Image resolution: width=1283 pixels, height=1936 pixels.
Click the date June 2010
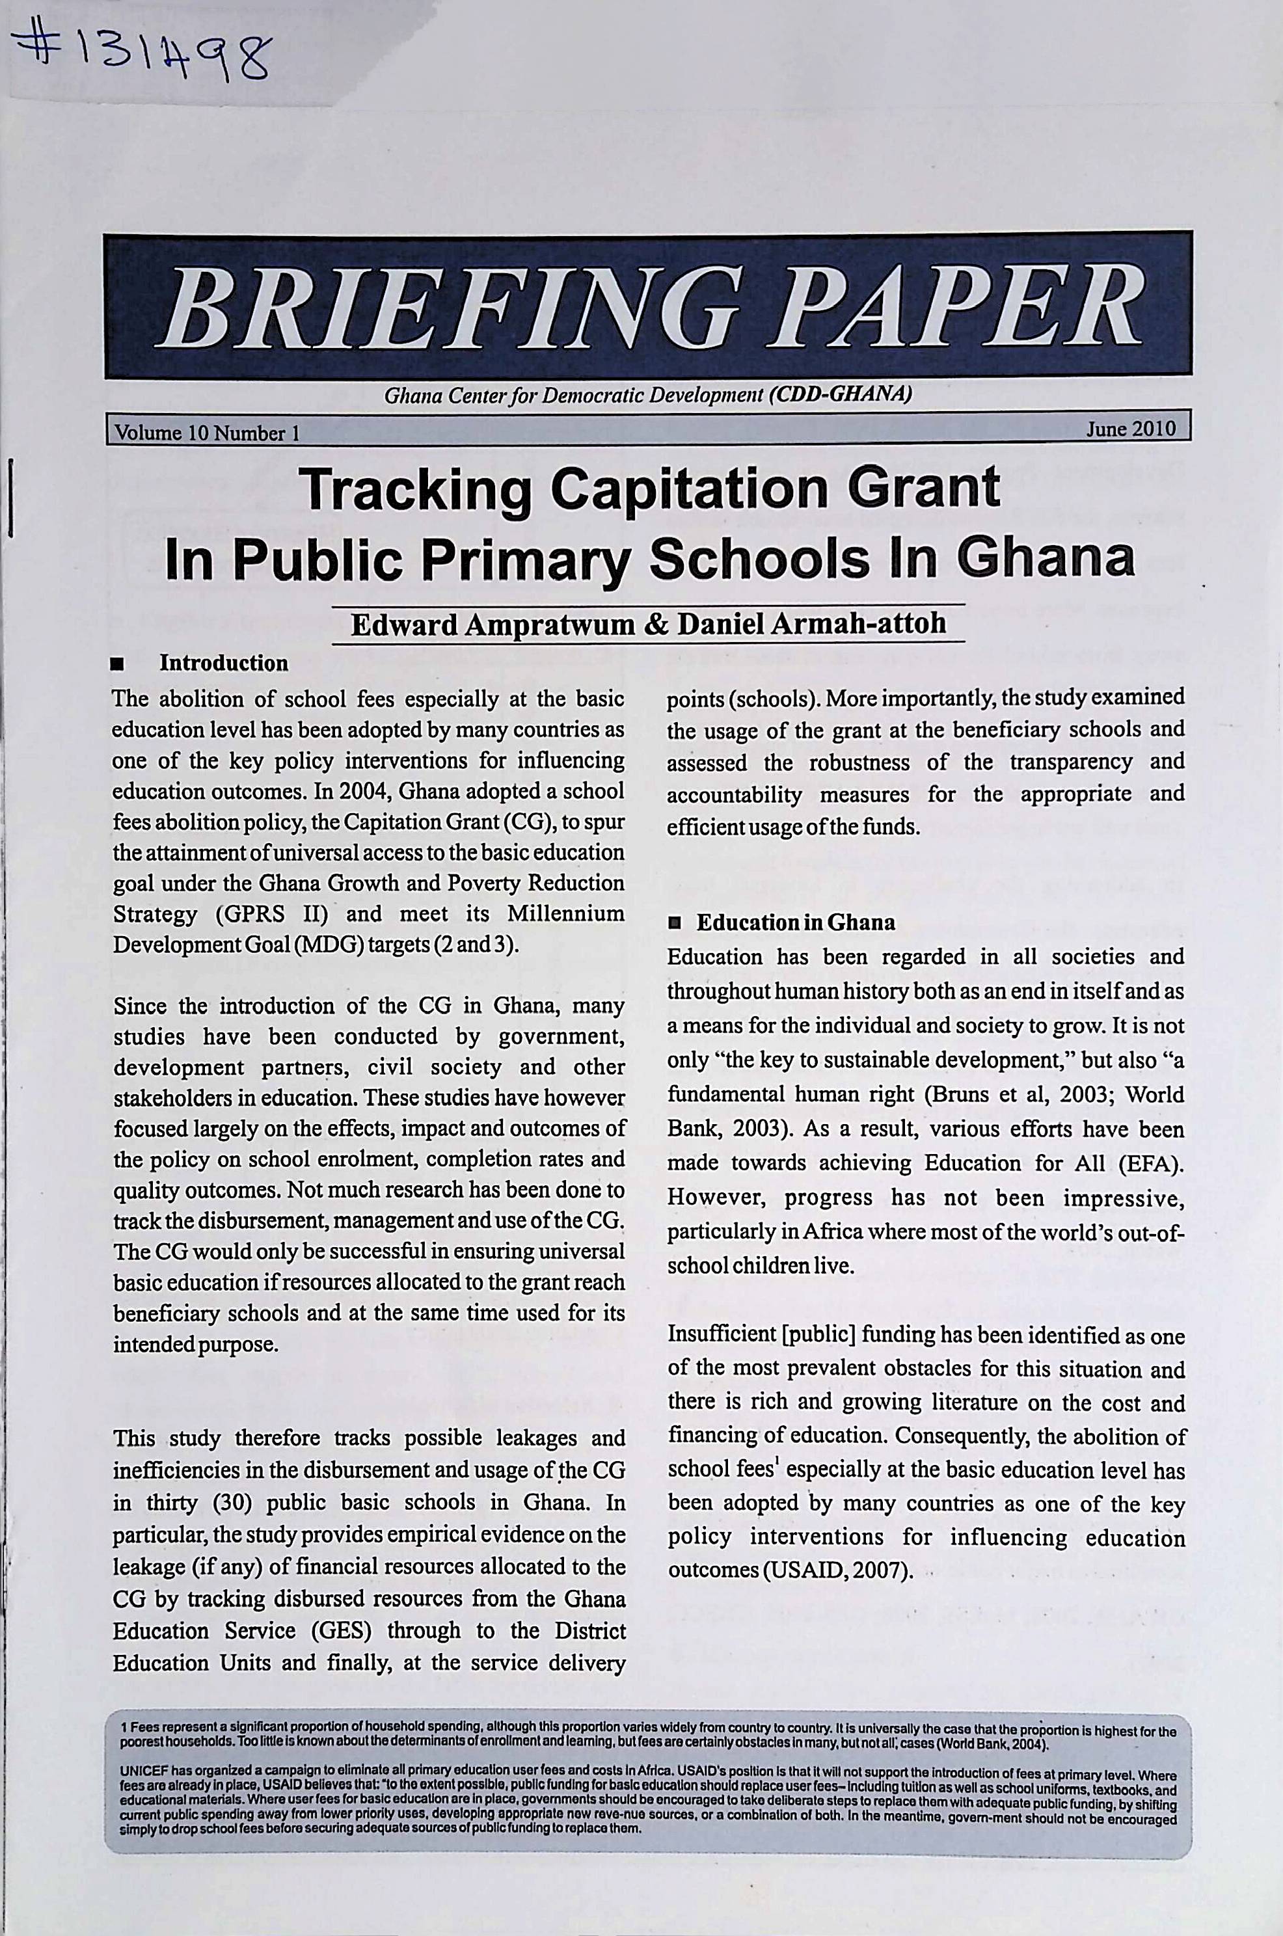(1130, 429)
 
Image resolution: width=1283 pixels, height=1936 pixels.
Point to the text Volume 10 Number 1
(207, 433)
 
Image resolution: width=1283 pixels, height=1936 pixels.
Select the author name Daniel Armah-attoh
(812, 623)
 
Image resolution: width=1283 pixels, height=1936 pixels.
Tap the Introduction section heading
(223, 662)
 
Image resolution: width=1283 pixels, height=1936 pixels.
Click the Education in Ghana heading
(795, 922)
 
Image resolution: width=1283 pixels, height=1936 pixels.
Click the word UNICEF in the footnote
(139, 1775)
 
